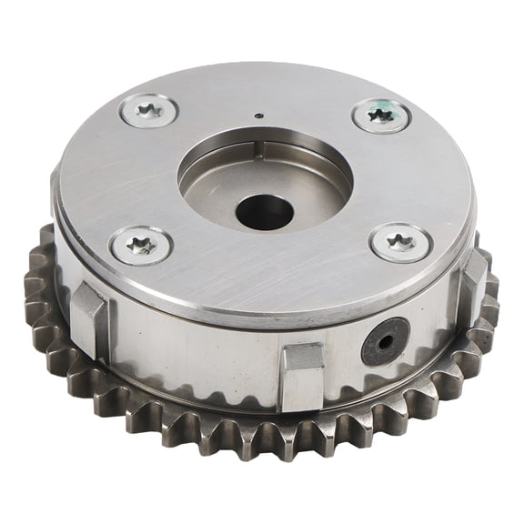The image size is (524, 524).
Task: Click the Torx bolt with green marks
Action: tap(380, 116)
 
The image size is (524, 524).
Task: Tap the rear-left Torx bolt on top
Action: tap(149, 111)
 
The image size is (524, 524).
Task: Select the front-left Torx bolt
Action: tap(141, 244)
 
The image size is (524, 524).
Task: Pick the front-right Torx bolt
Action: tap(399, 242)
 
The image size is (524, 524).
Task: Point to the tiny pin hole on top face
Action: tap(259, 116)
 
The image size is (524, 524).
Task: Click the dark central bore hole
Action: tap(265, 212)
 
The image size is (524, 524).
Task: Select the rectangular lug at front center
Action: tap(302, 374)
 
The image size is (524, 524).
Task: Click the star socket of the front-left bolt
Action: tap(141, 244)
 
